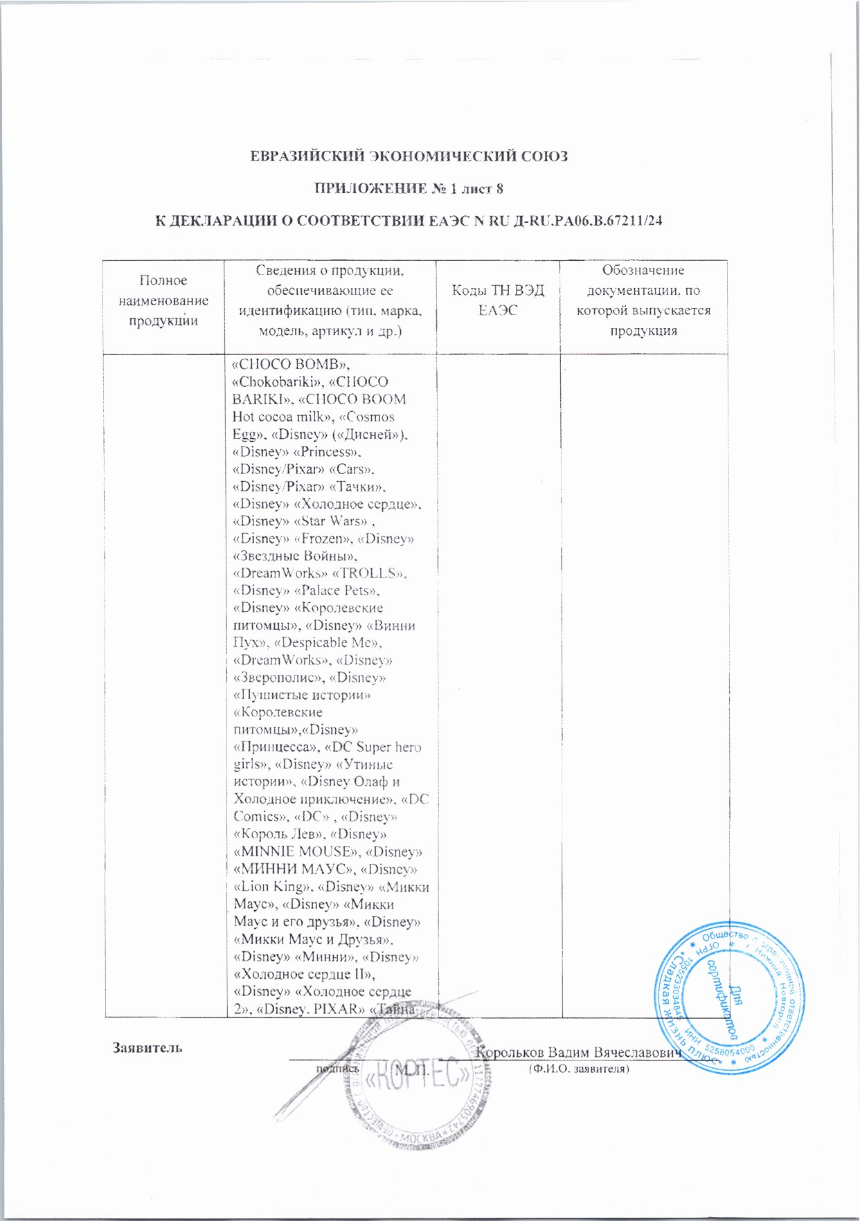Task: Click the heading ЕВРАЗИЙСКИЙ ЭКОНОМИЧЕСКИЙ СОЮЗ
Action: tap(409, 156)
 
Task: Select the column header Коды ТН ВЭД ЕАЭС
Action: tap(498, 300)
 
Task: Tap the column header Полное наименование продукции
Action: tap(163, 300)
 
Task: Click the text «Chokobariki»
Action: tap(272, 382)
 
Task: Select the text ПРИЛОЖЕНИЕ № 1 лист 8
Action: tap(414, 188)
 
